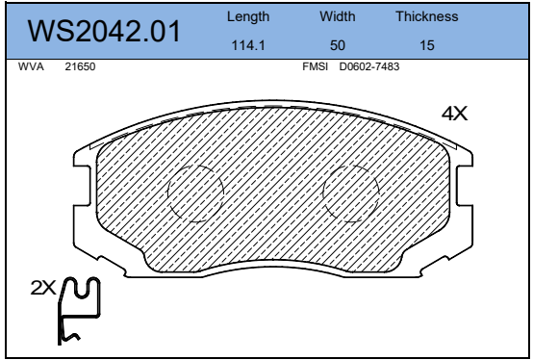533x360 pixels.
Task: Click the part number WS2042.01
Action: pyautogui.click(x=104, y=31)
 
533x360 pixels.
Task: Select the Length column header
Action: pyautogui.click(x=248, y=16)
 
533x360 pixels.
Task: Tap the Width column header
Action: pyautogui.click(x=337, y=16)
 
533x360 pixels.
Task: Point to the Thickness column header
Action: pyautogui.click(x=427, y=16)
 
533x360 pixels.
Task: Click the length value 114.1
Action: pyautogui.click(x=248, y=45)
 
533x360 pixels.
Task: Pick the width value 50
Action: pyautogui.click(x=338, y=45)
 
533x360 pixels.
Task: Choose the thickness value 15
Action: pyautogui.click(x=427, y=45)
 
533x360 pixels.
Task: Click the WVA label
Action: pyautogui.click(x=31, y=66)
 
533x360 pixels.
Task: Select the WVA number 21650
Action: pyautogui.click(x=80, y=66)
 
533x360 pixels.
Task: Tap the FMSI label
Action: pyautogui.click(x=316, y=66)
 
